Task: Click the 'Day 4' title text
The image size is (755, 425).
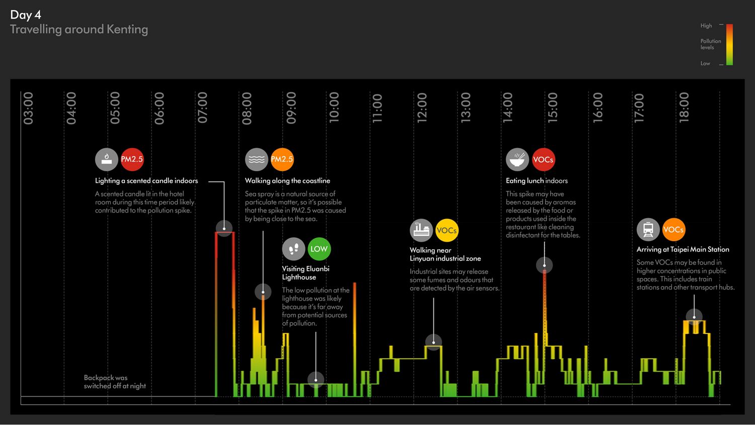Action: tap(26, 15)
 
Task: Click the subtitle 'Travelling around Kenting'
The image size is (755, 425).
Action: tap(79, 29)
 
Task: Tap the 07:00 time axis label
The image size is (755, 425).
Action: tap(202, 108)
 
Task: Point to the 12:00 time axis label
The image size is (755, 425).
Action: tap(422, 108)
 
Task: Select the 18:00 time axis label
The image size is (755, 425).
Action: tap(684, 108)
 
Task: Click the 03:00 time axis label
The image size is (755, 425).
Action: tap(28, 108)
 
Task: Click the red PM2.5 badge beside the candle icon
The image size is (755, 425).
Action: tap(132, 159)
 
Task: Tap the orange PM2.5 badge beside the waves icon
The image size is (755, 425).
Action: tap(282, 159)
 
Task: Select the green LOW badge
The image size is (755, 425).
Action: tap(319, 249)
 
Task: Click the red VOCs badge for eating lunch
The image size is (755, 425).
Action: tap(543, 160)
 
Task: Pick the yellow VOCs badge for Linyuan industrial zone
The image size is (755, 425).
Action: tap(446, 231)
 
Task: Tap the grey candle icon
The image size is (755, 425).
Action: tap(106, 159)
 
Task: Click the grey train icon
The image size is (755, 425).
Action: tap(648, 230)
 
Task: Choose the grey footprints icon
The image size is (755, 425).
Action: tap(293, 249)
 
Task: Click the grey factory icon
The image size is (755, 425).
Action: tap(421, 230)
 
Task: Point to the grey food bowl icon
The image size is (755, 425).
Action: tap(517, 160)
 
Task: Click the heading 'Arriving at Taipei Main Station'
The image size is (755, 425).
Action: tap(683, 249)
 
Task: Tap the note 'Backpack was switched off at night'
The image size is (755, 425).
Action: tap(115, 382)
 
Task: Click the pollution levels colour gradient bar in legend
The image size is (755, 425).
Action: tap(729, 44)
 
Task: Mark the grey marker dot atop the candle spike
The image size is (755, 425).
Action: tap(224, 228)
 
